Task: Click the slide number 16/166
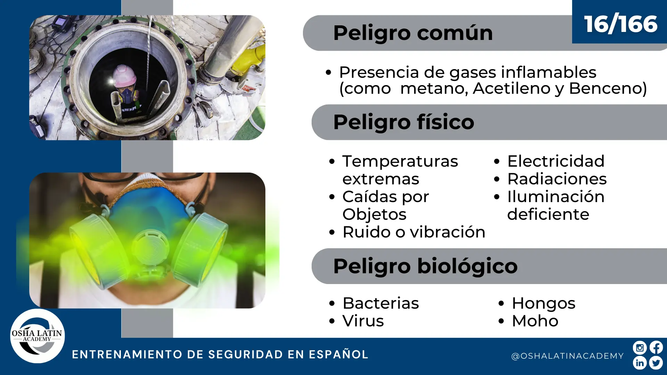620,24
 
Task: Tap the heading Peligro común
413,33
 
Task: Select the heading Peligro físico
404,122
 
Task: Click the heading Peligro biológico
425,266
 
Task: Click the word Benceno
608,88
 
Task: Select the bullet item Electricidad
556,161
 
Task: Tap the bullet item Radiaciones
557,179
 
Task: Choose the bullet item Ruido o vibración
414,232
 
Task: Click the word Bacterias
381,303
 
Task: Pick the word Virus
363,321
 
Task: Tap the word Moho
535,321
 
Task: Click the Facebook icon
656,348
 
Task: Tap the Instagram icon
640,348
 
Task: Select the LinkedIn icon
640,363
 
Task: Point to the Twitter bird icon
656,363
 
